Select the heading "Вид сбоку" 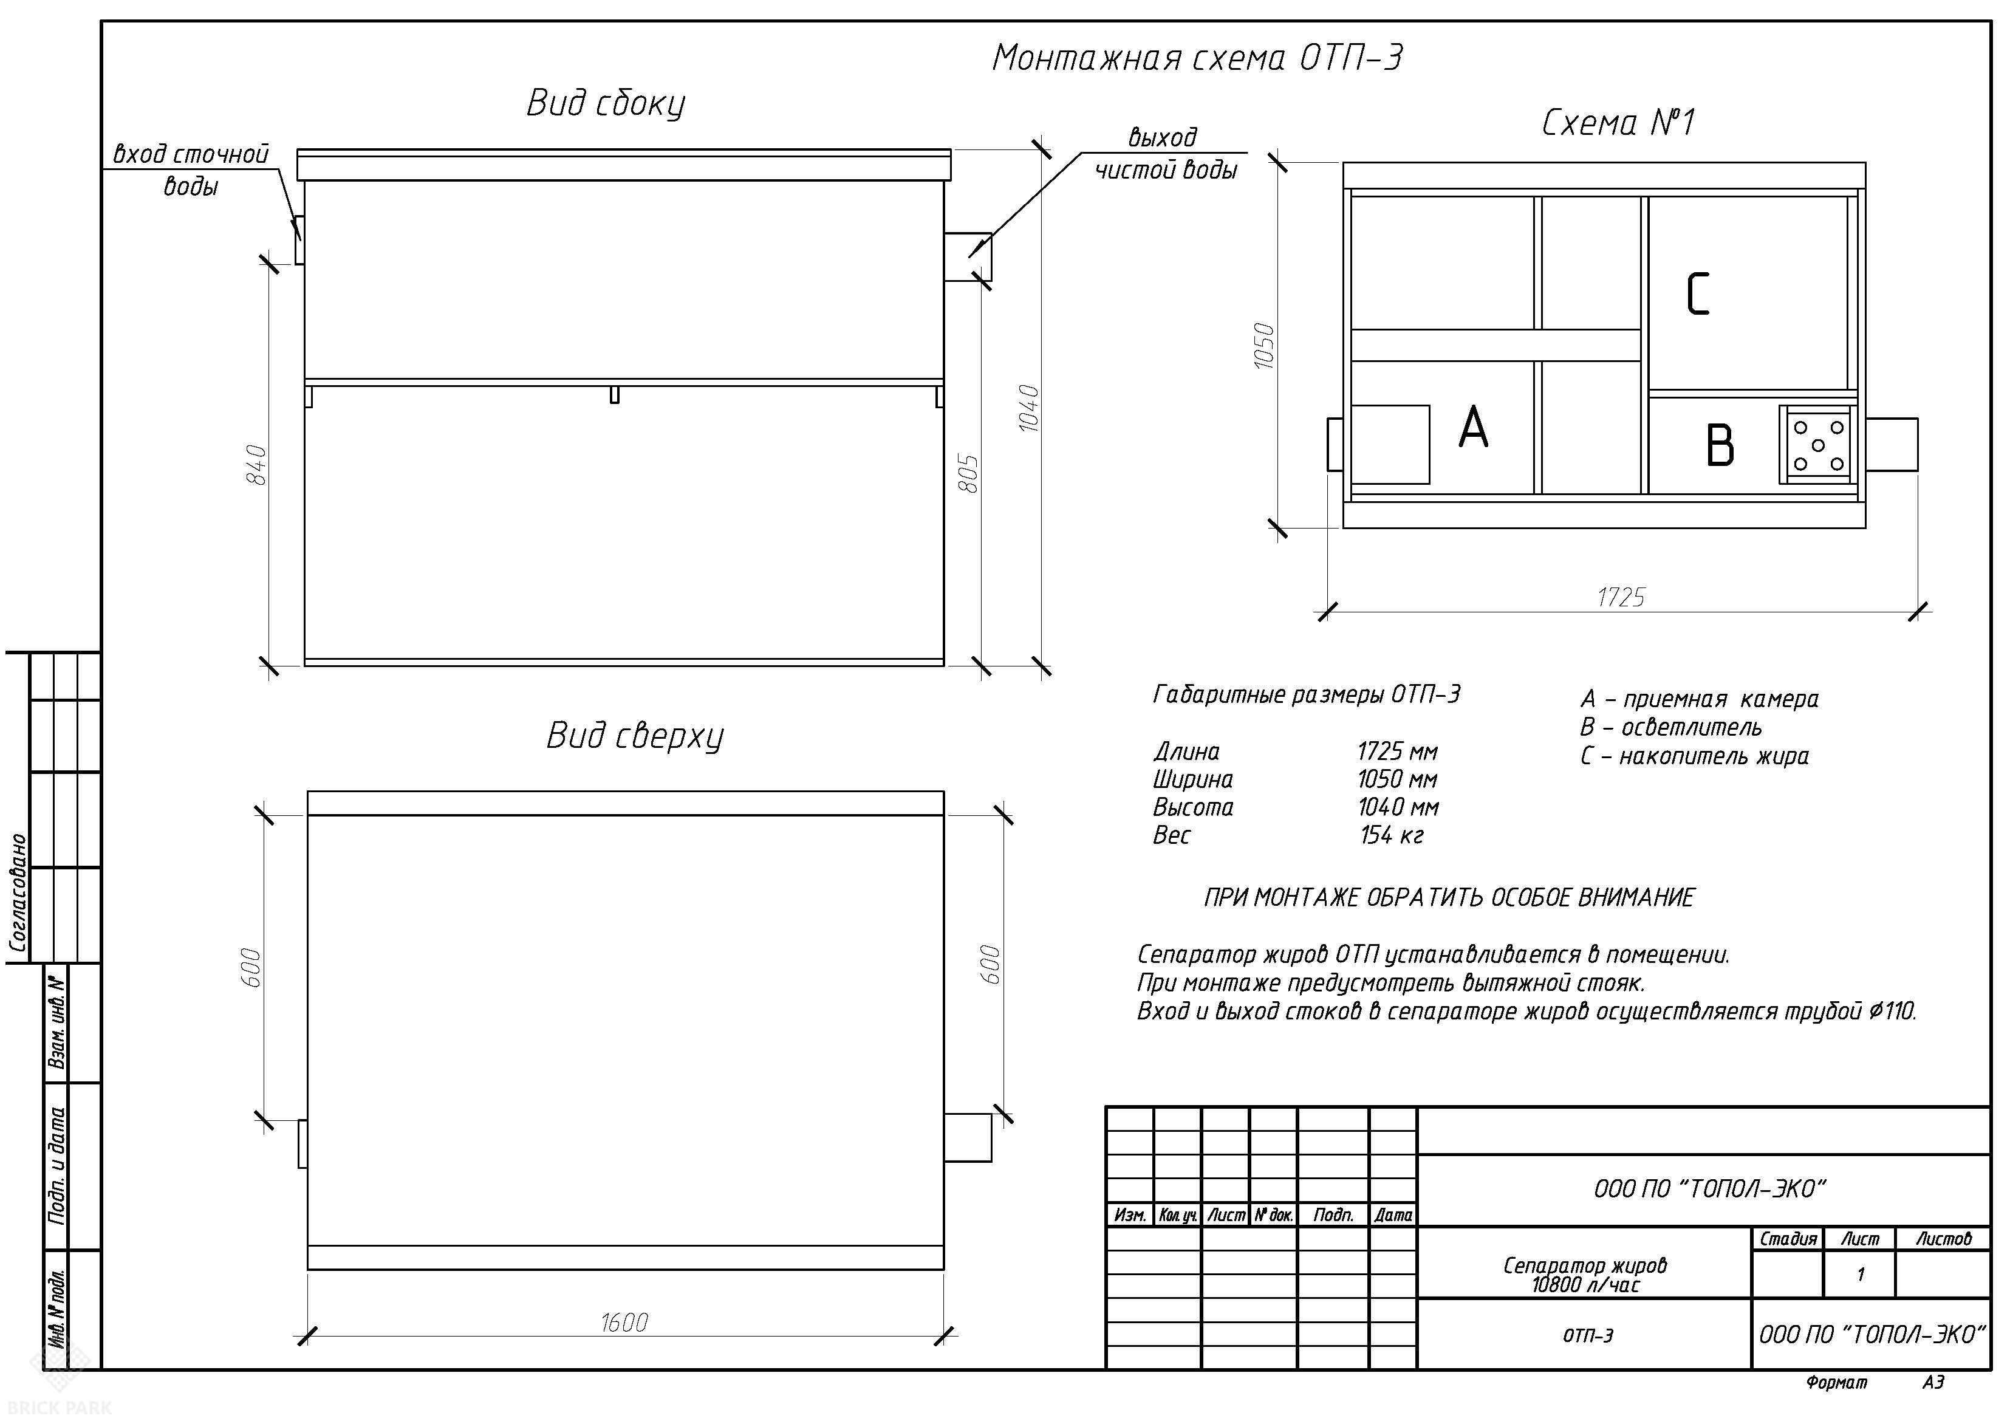606,103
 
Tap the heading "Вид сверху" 635,736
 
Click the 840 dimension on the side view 256,465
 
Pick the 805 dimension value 969,473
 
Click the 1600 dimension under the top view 624,1322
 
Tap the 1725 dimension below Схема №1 1621,597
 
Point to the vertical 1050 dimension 1264,346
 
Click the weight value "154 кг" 1391,835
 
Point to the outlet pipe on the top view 968,1137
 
